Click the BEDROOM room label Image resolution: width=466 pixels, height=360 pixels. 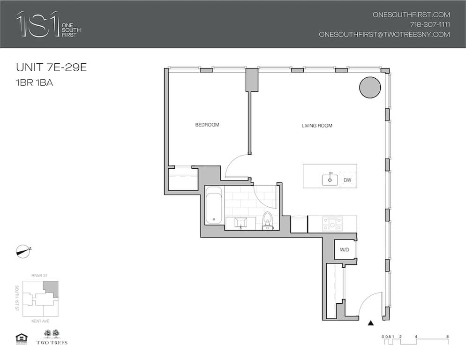pos(207,125)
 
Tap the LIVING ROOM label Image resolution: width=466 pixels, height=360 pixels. pos(317,126)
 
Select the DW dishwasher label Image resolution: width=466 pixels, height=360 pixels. pos(347,180)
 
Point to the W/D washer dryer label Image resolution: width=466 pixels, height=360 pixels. pos(344,250)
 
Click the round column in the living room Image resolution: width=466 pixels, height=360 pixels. pos(370,87)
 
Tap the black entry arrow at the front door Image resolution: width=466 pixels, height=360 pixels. pos(371,322)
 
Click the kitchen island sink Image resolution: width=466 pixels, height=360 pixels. pos(330,179)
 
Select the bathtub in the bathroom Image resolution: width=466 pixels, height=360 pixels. pos(214,206)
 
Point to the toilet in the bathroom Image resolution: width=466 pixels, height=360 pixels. pos(268,220)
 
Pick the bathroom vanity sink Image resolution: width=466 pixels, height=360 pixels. pos(242,222)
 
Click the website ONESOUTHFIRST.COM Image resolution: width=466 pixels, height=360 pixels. pos(411,15)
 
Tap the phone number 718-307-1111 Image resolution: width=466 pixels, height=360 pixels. pos(430,24)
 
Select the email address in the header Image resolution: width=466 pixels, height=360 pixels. pos(384,34)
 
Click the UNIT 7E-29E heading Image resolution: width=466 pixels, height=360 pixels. pos(52,67)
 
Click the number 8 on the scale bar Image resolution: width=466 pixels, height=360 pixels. pos(449,337)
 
